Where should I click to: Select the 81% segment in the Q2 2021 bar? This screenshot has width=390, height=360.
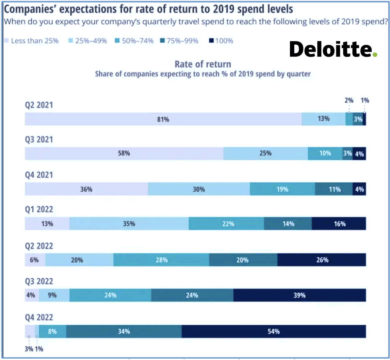click(163, 119)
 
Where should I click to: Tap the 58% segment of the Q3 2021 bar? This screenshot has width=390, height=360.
click(124, 153)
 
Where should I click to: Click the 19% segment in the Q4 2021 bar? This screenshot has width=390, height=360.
click(282, 189)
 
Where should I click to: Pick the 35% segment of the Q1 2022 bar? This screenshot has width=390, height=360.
click(129, 224)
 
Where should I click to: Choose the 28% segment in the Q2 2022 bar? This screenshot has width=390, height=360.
click(161, 260)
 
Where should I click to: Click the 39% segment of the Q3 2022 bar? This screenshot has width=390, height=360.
click(299, 295)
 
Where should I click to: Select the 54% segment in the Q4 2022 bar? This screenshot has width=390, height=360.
click(274, 331)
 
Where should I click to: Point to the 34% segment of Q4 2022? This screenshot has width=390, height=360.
click(124, 331)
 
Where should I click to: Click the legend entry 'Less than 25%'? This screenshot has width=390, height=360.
click(31, 41)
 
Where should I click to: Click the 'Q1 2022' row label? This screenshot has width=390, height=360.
click(39, 210)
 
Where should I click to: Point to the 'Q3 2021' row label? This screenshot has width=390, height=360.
click(39, 140)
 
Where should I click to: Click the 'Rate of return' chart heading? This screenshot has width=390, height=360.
click(203, 64)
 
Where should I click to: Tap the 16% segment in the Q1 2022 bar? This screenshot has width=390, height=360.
click(339, 224)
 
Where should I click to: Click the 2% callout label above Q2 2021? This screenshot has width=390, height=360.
click(349, 101)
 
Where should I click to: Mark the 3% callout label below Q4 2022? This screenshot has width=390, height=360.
click(29, 348)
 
